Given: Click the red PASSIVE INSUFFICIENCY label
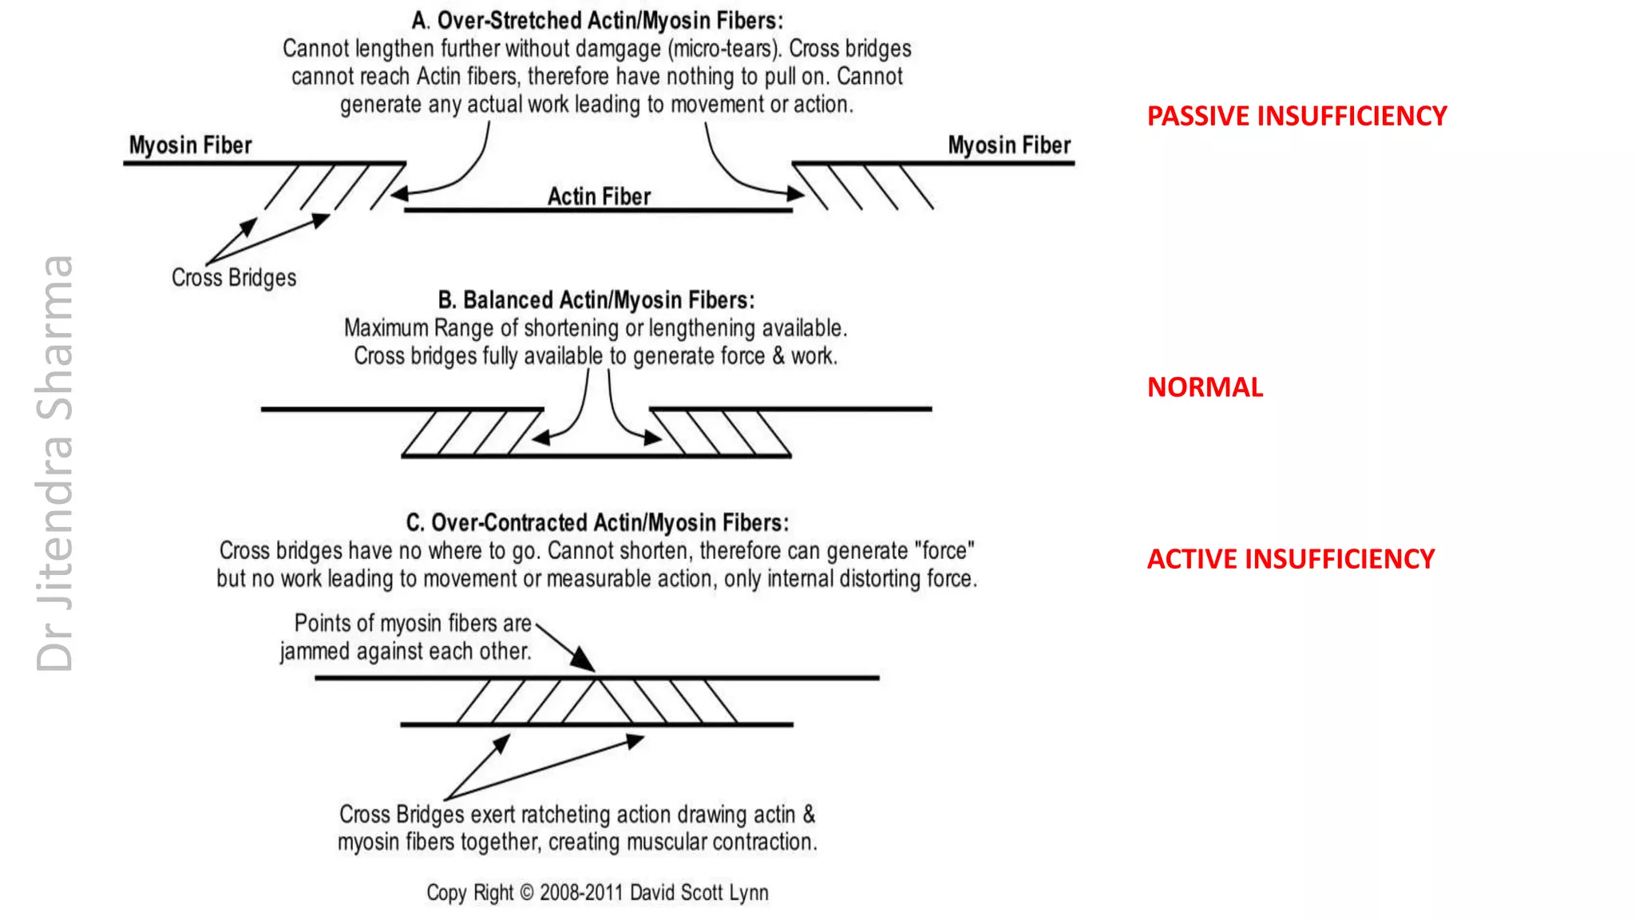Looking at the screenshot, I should tap(1297, 117).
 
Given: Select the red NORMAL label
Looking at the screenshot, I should tap(1205, 387).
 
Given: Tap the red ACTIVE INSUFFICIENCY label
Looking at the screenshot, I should tap(1290, 559).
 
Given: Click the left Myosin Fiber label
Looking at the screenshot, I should tap(190, 145).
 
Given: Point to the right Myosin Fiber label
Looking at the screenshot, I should tap(1009, 145).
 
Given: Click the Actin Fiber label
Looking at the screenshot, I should tap(599, 196).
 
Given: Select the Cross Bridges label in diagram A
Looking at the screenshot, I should tap(234, 278).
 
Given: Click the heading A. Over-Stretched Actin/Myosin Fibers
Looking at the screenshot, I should tap(597, 21).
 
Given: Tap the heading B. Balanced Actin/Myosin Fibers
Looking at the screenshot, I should tap(596, 300).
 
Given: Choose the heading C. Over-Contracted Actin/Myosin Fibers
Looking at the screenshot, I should tap(597, 523).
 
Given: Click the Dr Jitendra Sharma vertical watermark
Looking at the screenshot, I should tap(56, 463).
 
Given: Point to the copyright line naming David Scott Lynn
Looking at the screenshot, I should tap(597, 893).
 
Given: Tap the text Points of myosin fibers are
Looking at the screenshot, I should tap(413, 624).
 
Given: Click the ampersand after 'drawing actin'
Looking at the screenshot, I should tap(809, 815).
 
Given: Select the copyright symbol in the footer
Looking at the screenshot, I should tap(527, 893).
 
